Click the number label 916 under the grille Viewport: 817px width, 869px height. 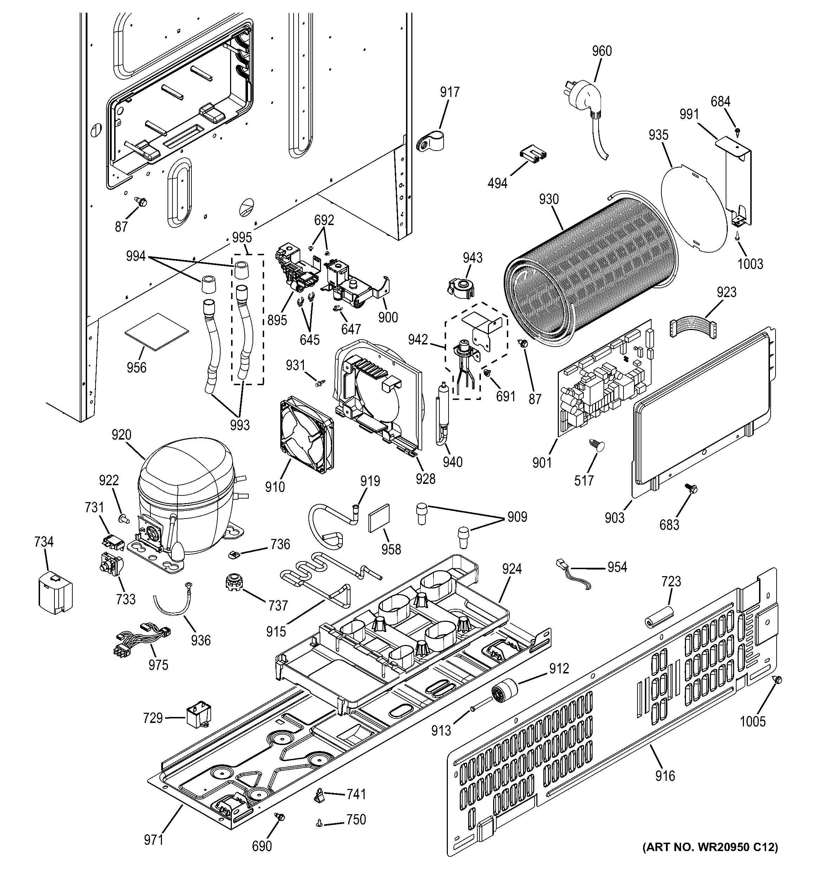pyautogui.click(x=665, y=776)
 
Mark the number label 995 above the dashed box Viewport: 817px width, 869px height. pyautogui.click(x=242, y=237)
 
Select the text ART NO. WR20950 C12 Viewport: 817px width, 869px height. pyautogui.click(x=710, y=860)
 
